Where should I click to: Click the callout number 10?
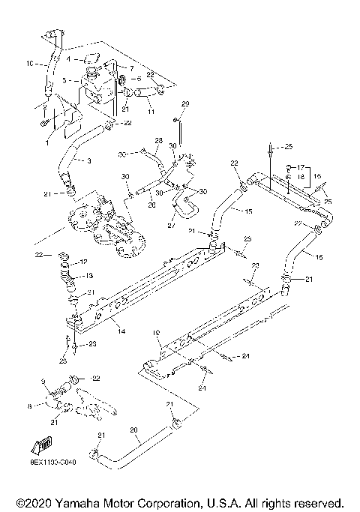[x=31, y=64]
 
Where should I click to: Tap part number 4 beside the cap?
[x=67, y=58]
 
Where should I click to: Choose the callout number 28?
[x=158, y=140]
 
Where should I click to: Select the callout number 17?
[x=299, y=166]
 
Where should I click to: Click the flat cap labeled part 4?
[x=90, y=58]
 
